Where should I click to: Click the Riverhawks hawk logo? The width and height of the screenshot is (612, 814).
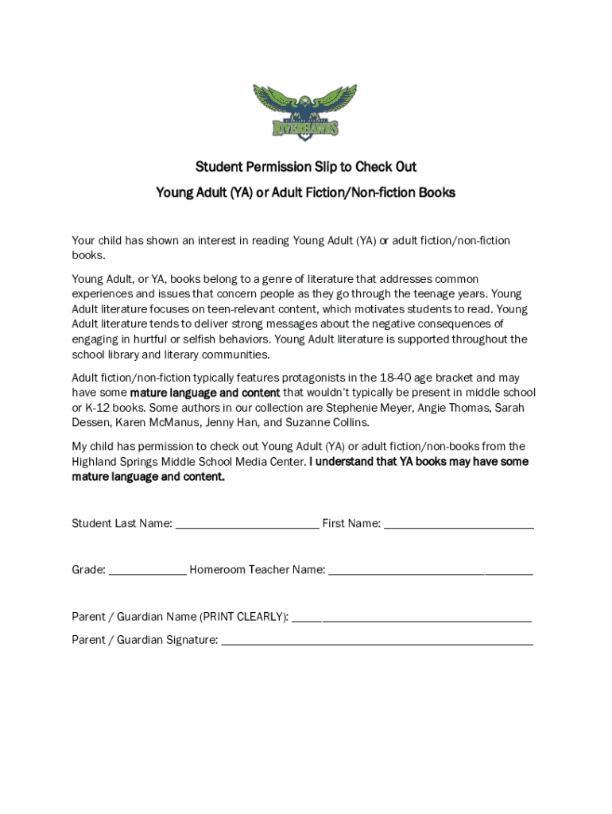point(306,113)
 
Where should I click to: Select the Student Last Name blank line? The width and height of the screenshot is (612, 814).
point(247,525)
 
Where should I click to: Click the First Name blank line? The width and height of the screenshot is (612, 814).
point(459,525)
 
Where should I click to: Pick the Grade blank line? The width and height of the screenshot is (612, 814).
point(147,571)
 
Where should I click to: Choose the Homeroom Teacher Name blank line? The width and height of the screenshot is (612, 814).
point(430,571)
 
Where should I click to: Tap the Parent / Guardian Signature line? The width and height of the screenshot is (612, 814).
point(377,641)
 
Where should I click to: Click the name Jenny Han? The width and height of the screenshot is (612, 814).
point(230,423)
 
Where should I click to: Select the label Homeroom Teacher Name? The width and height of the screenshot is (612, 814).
point(257,570)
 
